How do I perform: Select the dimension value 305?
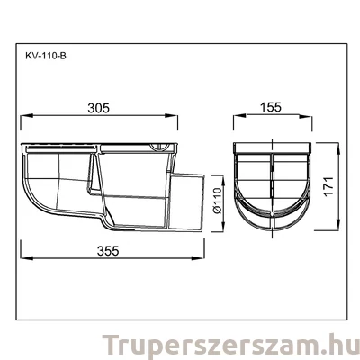point(99,107)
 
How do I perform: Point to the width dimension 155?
point(272,107)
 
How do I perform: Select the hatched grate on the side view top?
point(62,145)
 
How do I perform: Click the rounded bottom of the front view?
point(272,220)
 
